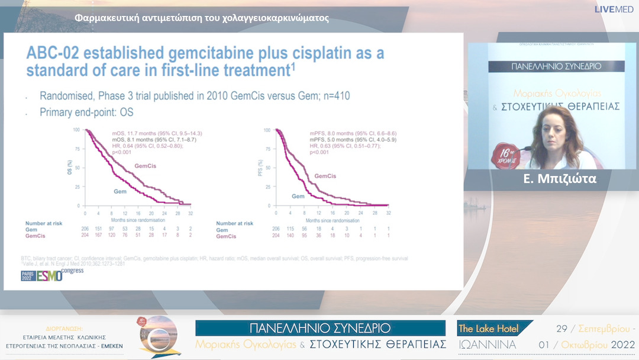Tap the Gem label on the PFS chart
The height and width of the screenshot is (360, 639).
point(298,196)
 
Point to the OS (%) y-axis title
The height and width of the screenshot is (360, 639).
point(70,168)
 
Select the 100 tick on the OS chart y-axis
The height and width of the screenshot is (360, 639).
point(76,129)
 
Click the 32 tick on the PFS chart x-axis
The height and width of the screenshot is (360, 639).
point(388,212)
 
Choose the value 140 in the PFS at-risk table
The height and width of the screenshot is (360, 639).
point(290,236)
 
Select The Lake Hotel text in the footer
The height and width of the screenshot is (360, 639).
point(489,329)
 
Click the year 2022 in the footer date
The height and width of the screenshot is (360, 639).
point(622,344)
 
